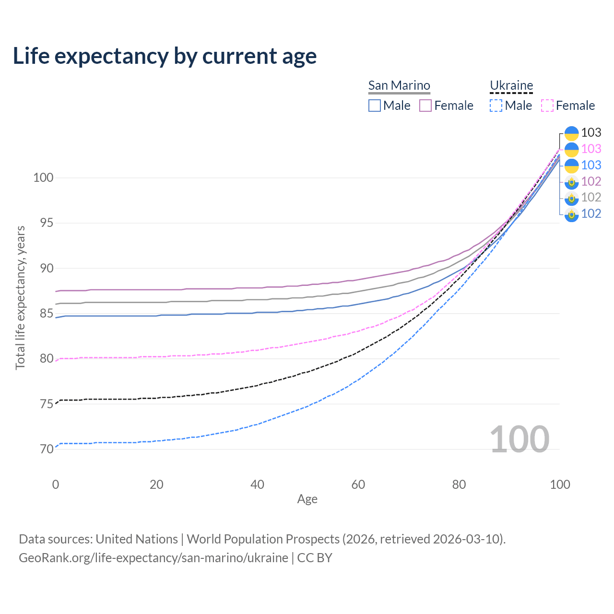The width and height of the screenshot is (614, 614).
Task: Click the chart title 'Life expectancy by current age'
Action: click(x=165, y=56)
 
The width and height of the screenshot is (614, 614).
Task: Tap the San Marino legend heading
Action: click(x=399, y=85)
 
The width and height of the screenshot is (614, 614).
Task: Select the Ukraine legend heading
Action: click(x=511, y=85)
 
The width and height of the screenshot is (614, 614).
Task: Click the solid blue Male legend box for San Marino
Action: click(x=375, y=106)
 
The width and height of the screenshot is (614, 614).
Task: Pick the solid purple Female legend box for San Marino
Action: click(x=425, y=106)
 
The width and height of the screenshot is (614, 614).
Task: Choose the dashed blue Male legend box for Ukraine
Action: click(x=496, y=106)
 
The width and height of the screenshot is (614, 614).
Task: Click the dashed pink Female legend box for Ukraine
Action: click(x=547, y=106)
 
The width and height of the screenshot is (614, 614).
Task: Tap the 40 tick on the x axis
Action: click(x=258, y=484)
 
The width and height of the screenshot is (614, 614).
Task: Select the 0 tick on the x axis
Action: click(x=56, y=484)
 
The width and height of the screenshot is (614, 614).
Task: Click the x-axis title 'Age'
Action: click(x=307, y=499)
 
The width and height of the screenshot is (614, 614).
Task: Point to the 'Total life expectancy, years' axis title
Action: click(x=20, y=297)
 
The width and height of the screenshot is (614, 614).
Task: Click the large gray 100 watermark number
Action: click(x=520, y=439)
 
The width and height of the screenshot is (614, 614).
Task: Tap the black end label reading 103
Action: click(x=591, y=132)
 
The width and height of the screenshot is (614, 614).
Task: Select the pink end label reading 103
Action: click(x=591, y=149)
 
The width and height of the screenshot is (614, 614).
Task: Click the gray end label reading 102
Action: click(x=591, y=197)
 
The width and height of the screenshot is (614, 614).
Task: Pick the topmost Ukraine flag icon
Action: click(x=571, y=133)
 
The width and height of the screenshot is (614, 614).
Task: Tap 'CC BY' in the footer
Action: click(x=315, y=558)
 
